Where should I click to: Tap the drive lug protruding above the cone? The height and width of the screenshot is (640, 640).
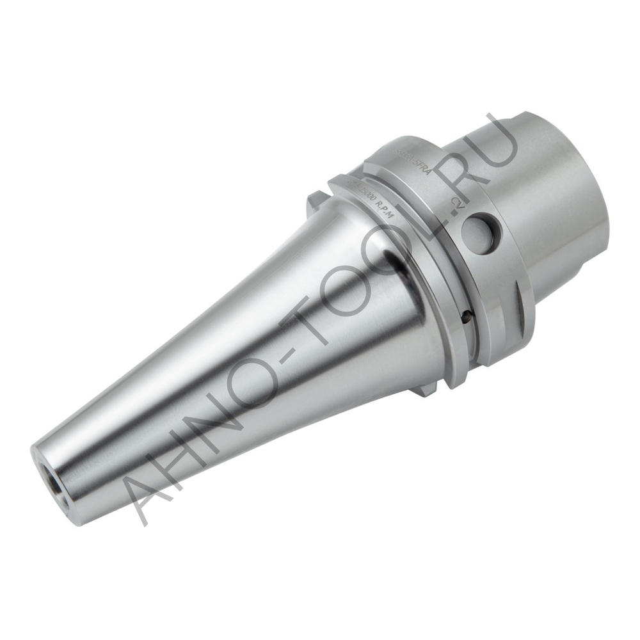[312, 204]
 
